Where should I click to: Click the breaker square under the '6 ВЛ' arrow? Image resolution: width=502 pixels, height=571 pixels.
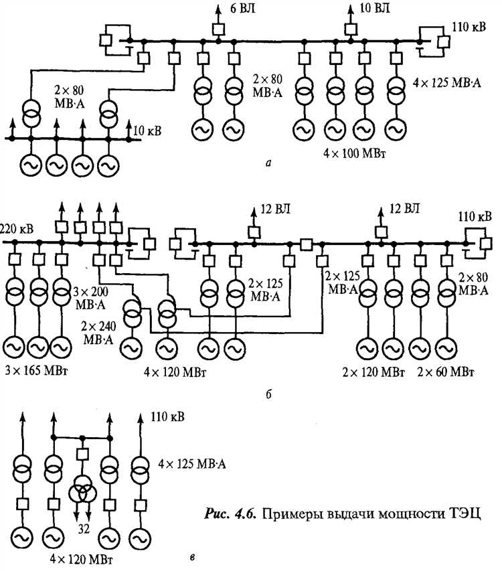[218, 29]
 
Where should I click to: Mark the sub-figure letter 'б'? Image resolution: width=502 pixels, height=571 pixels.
[268, 394]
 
